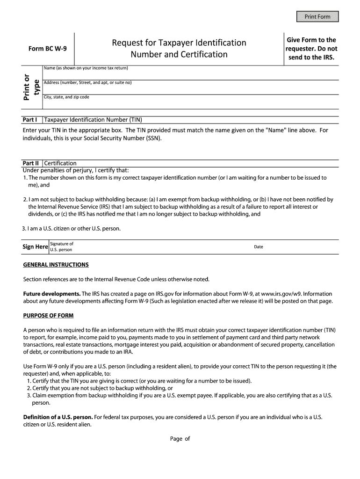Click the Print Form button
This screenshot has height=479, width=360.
[317, 17]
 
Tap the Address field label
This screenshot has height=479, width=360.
[87, 83]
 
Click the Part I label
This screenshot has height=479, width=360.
[30, 119]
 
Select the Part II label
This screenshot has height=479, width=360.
[31, 163]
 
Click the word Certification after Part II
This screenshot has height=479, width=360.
[60, 163]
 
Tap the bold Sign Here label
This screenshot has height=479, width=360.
[35, 247]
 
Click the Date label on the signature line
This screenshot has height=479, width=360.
[259, 247]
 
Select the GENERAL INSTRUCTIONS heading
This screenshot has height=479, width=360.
[56, 265]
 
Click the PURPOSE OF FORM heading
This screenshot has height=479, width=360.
[48, 316]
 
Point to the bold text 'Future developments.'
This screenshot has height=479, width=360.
[52, 294]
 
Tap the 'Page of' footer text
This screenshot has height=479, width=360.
[180, 439]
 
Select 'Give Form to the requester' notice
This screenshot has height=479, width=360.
[311, 49]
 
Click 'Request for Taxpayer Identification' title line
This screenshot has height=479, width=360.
[179, 43]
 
